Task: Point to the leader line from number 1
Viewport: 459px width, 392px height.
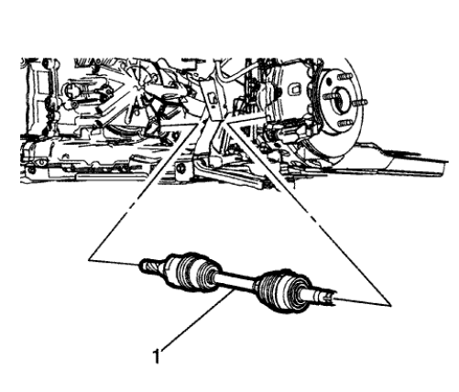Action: [x=192, y=324]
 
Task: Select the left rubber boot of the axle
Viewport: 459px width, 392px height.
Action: [x=188, y=272]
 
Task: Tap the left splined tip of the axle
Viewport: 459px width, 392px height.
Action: [x=145, y=267]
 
